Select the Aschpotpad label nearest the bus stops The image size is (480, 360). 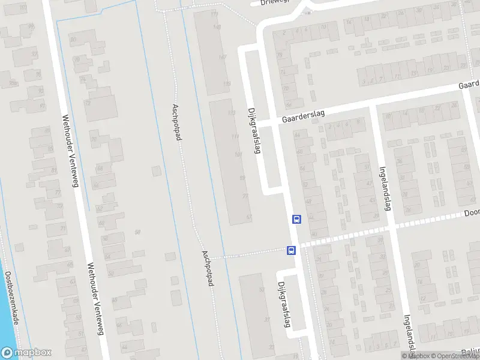coord(208,268)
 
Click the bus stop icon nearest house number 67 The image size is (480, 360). coord(296,219)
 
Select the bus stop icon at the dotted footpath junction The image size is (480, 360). coord(291,250)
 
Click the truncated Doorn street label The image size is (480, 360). coord(472,213)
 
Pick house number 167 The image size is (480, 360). coord(223,57)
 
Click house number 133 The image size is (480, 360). coord(232,113)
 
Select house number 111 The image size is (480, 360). coord(235,137)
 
